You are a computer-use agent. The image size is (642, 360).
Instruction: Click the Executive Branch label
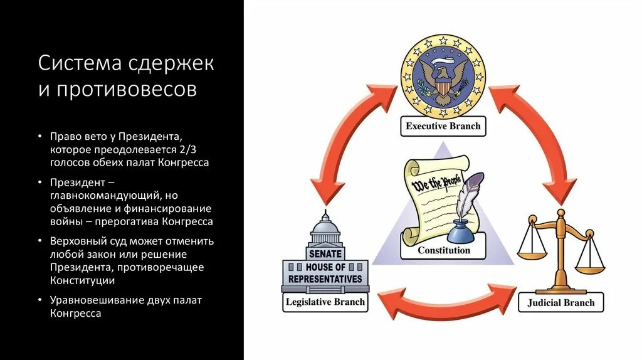pyautogui.click(x=443, y=126)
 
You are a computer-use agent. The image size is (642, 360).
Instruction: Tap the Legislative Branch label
pyautogui.click(x=325, y=302)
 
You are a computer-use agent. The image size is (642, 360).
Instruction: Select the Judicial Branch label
pyautogui.click(x=561, y=302)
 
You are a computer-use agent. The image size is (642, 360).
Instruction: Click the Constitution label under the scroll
pyautogui.click(x=444, y=250)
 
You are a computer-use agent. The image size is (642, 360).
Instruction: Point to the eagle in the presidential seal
pyautogui.click(x=443, y=77)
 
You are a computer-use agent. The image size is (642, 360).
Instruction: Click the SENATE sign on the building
pyautogui.click(x=325, y=254)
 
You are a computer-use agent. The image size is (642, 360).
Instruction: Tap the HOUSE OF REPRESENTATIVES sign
pyautogui.click(x=325, y=273)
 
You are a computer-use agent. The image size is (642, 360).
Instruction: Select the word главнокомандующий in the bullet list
pyautogui.click(x=106, y=196)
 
